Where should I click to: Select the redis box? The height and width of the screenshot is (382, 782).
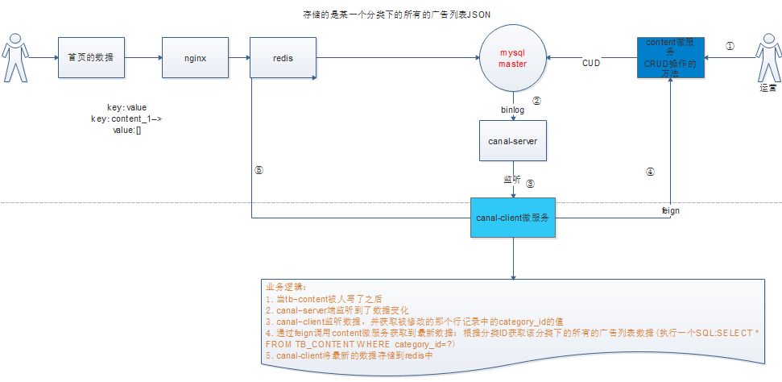(281, 58)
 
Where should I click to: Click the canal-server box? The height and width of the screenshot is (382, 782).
(513, 141)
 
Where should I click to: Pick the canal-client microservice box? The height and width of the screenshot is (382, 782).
(513, 217)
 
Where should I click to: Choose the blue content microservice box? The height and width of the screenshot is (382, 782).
(671, 57)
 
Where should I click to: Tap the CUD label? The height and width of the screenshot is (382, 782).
(591, 63)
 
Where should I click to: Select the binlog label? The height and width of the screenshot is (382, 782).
(513, 107)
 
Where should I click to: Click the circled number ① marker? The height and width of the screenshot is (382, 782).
(730, 47)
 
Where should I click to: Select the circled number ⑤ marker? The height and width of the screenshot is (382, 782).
(258, 170)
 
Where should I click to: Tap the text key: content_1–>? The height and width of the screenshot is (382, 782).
(126, 118)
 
